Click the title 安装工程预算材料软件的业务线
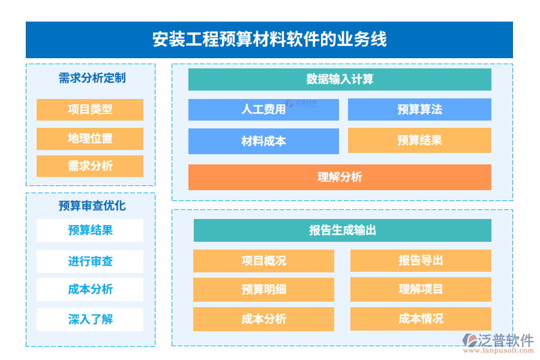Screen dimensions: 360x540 pos(269,40)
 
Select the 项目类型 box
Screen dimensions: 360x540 pos(90,110)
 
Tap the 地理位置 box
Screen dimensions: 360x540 pos(90,139)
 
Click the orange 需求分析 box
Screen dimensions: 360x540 pos(90,166)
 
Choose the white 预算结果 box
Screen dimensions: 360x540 pos(90,230)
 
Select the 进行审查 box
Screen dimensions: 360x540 pos(90,262)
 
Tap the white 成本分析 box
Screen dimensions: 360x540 pos(90,289)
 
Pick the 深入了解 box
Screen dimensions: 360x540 pos(90,319)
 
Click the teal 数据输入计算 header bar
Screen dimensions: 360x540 pos(340,79)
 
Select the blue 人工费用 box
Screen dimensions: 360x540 pos(263,110)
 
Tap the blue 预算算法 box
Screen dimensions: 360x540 pos(419,110)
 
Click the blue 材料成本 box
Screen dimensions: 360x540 pos(263,141)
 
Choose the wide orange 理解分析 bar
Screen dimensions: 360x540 pos(340,177)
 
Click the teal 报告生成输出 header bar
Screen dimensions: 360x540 pos(342,230)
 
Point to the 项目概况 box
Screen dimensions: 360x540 pos(263,261)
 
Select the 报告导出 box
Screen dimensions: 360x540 pos(421,261)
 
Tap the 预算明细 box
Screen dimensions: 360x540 pos(263,290)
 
